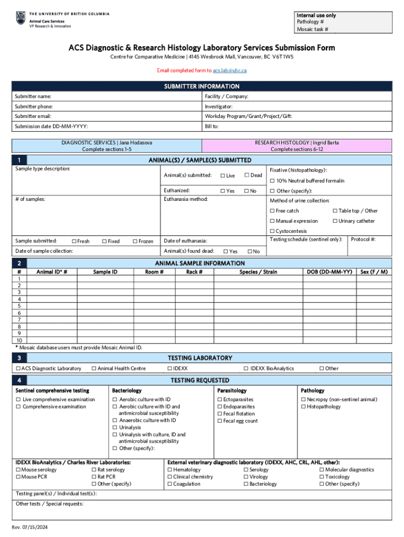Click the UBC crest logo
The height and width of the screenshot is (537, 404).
pos(20,18)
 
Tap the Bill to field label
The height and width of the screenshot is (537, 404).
pos(212,126)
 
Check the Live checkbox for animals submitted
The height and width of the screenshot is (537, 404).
pos(222,176)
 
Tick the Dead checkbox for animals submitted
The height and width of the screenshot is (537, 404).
pos(247,175)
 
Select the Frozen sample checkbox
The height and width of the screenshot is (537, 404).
pos(135,241)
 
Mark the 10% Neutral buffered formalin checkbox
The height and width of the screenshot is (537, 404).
pos(272,181)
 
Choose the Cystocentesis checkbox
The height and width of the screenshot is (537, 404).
pos(272,231)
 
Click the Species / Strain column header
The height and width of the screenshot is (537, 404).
pos(258,272)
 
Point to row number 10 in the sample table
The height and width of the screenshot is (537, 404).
pos(19,340)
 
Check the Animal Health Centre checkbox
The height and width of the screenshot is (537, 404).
pos(94,369)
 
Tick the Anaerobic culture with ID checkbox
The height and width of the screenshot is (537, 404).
pos(114,421)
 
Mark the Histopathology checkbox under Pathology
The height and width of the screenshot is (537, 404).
pos(303,407)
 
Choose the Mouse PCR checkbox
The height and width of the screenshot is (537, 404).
pos(18,477)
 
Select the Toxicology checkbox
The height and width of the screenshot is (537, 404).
pos(322,477)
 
